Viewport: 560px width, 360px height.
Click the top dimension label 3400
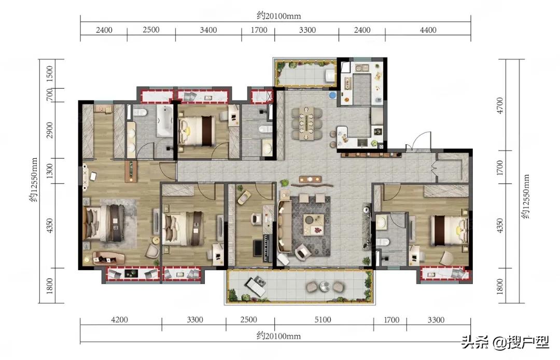[x=208, y=30]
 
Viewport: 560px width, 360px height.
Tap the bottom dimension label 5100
[x=322, y=320]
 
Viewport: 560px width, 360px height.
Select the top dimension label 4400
[x=428, y=30]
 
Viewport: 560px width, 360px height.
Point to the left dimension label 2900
[x=50, y=130]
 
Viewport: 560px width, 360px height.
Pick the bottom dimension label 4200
[x=120, y=320]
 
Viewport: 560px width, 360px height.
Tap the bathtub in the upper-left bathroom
[x=164, y=120]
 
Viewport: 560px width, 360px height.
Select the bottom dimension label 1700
[x=391, y=320]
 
